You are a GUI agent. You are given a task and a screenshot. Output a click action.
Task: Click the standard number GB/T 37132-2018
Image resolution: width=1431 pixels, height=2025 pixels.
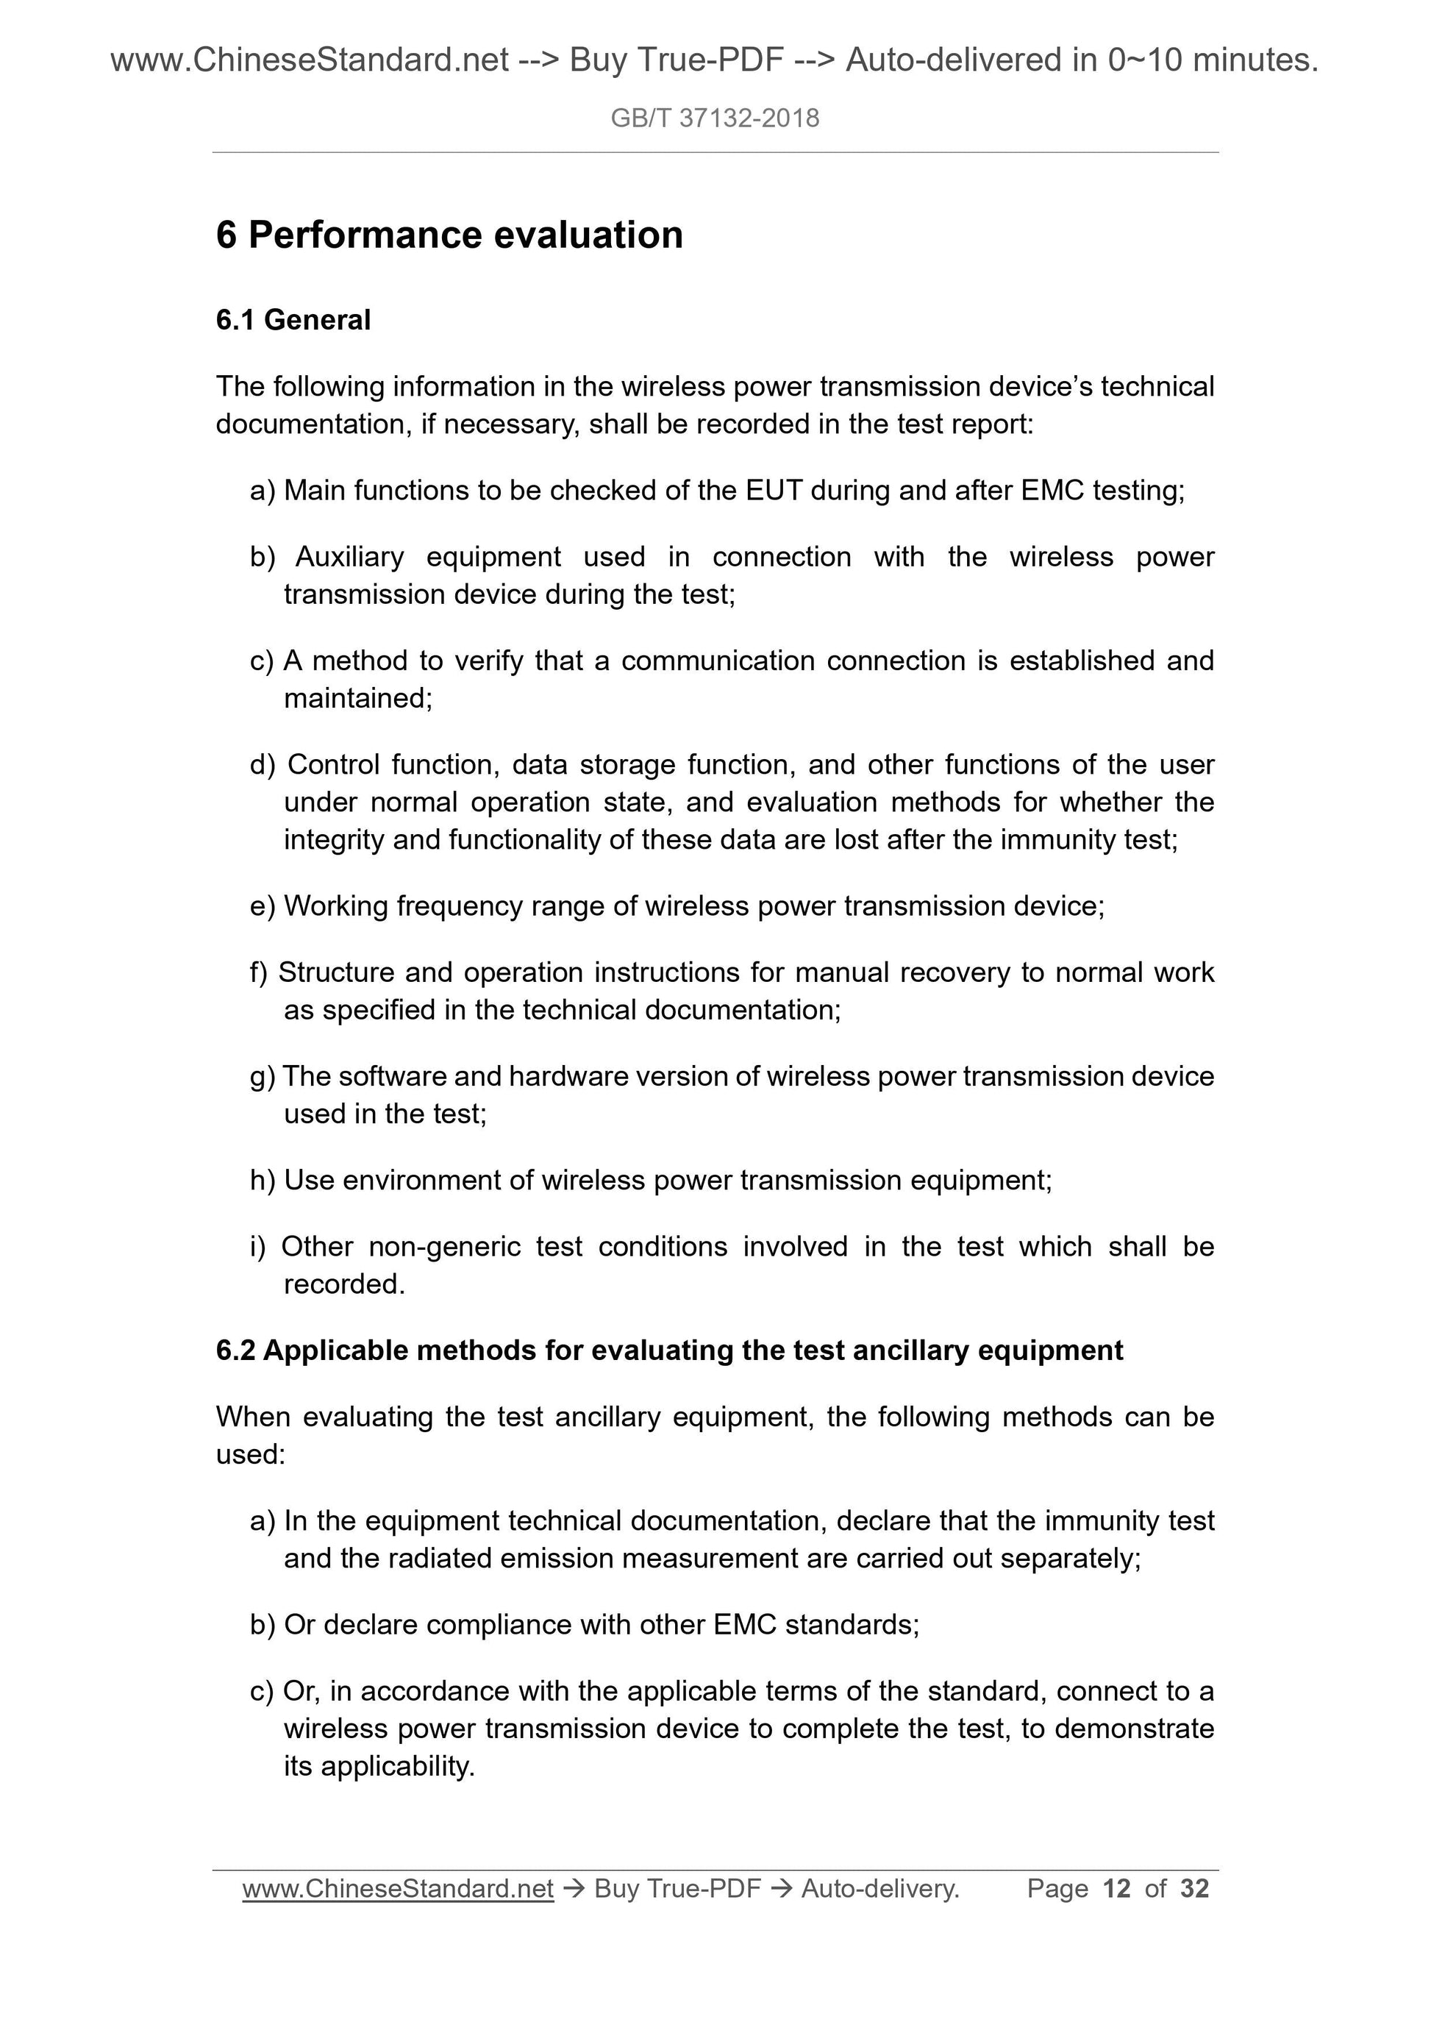coord(714,118)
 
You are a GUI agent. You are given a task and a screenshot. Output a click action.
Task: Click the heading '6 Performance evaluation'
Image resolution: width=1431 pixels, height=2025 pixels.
coord(449,235)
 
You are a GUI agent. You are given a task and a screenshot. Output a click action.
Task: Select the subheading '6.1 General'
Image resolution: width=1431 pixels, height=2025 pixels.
coord(293,320)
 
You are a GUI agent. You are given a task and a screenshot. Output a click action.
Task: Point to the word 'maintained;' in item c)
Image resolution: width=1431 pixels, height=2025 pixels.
coord(358,699)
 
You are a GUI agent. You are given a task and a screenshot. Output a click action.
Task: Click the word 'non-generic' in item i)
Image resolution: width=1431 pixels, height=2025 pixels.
coord(444,1247)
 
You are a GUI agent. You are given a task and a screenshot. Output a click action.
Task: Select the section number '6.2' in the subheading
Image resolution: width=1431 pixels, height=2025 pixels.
coord(235,1351)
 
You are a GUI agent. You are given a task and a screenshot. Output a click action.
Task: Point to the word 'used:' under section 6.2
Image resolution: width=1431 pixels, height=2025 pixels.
coord(251,1454)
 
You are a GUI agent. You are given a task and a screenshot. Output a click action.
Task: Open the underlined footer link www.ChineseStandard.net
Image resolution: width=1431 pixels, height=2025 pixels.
coord(398,1888)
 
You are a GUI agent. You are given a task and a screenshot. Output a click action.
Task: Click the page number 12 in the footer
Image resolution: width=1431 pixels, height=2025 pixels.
coord(1116,1888)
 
